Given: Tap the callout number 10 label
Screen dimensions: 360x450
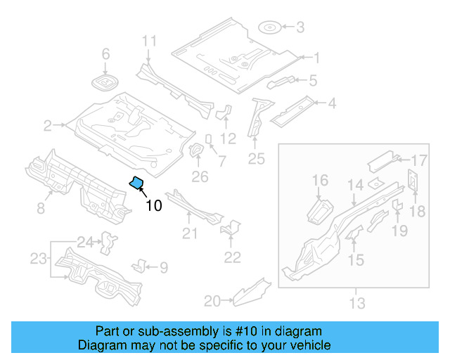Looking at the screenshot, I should [x=153, y=205].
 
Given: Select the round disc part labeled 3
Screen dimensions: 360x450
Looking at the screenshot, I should [x=270, y=28].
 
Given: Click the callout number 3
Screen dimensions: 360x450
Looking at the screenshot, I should [x=300, y=28].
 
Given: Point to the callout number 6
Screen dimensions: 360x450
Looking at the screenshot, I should [x=106, y=54].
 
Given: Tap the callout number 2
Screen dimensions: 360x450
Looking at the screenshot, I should [x=47, y=127].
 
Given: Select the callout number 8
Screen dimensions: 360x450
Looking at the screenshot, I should [x=41, y=208].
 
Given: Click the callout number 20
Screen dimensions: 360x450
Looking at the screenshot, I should [x=212, y=301].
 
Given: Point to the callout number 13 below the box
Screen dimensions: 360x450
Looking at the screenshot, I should [x=357, y=303].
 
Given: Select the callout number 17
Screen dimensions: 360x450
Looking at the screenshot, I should [x=419, y=160].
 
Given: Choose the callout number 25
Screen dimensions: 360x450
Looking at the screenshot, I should [x=256, y=159].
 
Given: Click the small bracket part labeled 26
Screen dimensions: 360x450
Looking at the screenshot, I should [x=197, y=150].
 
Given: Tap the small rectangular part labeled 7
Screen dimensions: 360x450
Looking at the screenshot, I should [x=209, y=138].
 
